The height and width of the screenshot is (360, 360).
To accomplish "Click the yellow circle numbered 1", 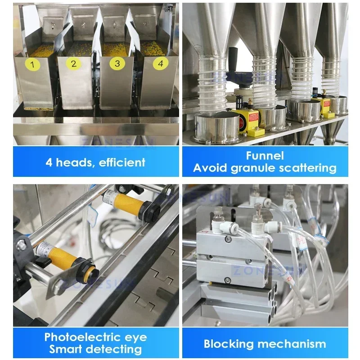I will click(32, 65).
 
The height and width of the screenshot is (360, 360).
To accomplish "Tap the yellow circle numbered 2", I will click(74, 63).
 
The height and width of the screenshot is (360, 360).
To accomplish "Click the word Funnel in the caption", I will click(265, 156).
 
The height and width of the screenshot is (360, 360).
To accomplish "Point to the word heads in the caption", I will click(72, 162).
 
